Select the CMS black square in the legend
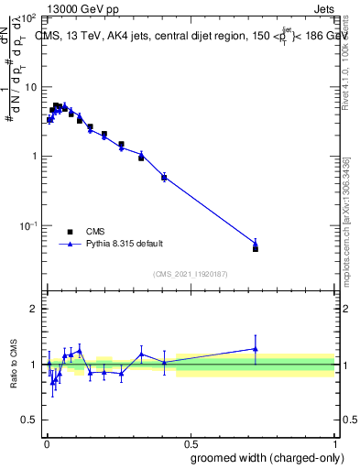pyautogui.click(x=70, y=232)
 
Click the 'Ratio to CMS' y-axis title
pyautogui.click(x=15, y=364)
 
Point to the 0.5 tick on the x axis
pyautogui.click(x=191, y=442)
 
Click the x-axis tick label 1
pyautogui.click(x=334, y=442)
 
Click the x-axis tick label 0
pyautogui.click(x=46, y=442)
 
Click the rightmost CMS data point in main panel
pyautogui.click(x=256, y=248)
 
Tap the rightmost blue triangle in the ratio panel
pyautogui.click(x=256, y=348)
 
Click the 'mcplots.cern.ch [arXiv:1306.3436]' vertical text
pyautogui.click(x=345, y=211)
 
